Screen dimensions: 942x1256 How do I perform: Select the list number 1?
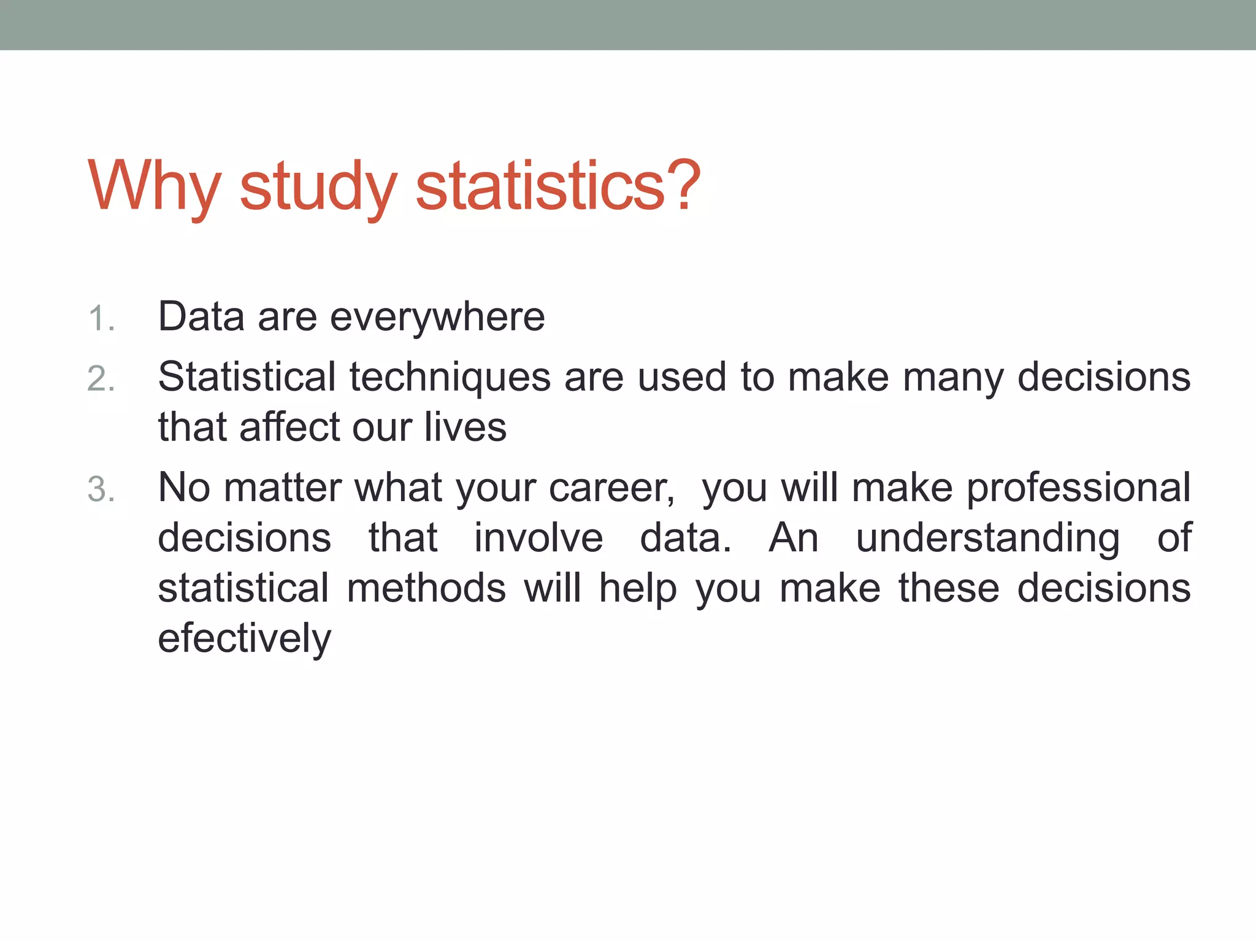(x=101, y=320)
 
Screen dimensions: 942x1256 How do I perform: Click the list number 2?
(x=101, y=378)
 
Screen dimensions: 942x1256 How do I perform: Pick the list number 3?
(x=101, y=490)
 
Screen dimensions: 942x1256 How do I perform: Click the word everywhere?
(x=437, y=318)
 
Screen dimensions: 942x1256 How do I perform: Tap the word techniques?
(x=450, y=377)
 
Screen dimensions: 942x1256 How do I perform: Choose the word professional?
(x=1079, y=488)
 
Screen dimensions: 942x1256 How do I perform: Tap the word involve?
(x=538, y=538)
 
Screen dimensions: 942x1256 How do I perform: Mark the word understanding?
(x=987, y=538)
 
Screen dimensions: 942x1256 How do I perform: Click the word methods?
(x=426, y=588)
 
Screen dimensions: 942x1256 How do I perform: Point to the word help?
(x=638, y=588)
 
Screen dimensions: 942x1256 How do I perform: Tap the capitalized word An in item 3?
(x=794, y=538)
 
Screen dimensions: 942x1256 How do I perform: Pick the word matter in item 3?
(x=282, y=488)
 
